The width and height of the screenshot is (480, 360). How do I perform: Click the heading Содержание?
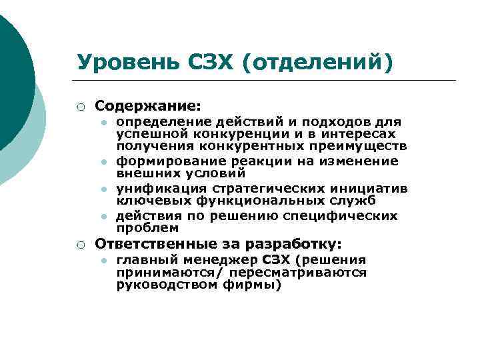point(147,105)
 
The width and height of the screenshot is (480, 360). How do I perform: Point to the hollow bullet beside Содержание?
point(80,106)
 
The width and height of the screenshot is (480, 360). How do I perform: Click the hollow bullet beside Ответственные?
point(80,244)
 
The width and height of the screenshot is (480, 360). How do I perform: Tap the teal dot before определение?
point(105,123)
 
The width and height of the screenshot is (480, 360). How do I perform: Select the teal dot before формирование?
point(105,161)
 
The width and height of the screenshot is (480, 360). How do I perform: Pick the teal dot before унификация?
point(105,189)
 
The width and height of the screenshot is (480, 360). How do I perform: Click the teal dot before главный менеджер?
point(105,260)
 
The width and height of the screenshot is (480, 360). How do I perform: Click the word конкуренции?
point(228,134)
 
